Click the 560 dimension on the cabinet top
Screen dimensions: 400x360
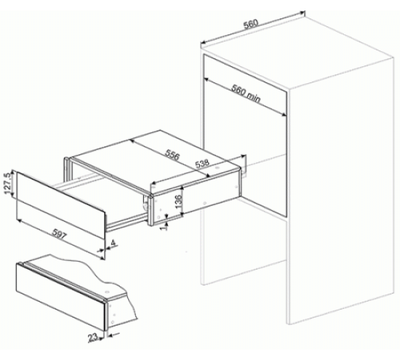point(251,24)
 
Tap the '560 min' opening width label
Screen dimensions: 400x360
point(246,94)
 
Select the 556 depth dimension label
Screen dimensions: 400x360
point(172,155)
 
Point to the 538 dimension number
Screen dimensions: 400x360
point(202,163)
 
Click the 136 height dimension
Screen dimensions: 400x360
point(178,201)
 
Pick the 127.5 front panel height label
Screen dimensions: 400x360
point(7,183)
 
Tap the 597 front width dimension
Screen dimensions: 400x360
point(59,234)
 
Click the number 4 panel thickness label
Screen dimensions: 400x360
point(113,243)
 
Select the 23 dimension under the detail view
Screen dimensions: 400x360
point(93,338)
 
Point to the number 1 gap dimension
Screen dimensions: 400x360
point(165,226)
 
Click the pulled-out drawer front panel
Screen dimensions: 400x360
point(61,205)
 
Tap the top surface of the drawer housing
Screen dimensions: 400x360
point(156,159)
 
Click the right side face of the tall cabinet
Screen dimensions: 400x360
point(340,190)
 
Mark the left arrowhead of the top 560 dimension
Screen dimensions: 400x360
point(202,42)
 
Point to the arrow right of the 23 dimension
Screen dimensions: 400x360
point(113,334)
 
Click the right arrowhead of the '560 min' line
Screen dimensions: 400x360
point(284,114)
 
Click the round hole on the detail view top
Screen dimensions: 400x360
point(107,291)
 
